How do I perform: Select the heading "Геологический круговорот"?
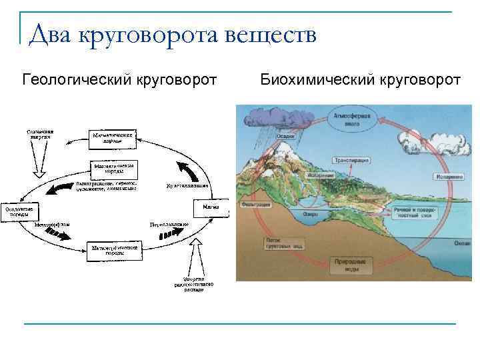119,80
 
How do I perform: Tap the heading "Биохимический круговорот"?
360,80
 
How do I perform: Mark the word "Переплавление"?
170,225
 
